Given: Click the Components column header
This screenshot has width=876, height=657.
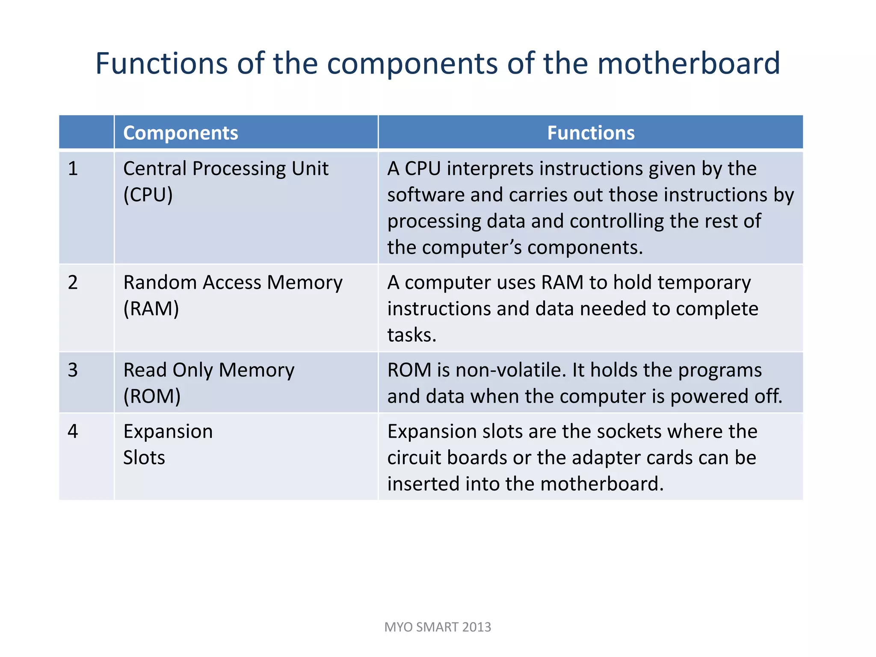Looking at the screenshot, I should point(181,133).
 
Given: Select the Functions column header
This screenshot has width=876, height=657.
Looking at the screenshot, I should point(591,133).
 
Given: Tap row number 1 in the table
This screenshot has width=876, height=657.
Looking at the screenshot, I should point(73,169).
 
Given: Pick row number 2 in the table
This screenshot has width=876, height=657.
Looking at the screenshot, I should point(73,283).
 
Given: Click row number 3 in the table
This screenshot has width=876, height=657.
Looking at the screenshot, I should point(73,370).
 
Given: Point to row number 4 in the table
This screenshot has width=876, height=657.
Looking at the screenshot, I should point(73,431).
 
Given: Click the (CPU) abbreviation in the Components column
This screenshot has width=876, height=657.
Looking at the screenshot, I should point(148,195).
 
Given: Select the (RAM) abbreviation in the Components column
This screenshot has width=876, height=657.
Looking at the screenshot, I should point(151,309).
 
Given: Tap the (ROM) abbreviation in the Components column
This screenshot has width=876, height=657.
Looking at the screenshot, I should point(152,397).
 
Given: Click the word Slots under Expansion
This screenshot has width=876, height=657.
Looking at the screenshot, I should point(144,458).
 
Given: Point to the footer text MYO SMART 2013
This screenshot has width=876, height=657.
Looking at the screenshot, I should point(438,627).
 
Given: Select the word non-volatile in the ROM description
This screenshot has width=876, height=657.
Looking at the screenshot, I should point(510,370).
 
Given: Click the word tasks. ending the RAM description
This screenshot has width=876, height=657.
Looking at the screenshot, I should point(411,335).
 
